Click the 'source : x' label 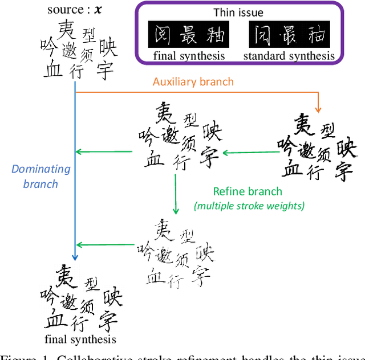(76, 10)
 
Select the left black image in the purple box (188, 35)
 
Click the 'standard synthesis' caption (289, 55)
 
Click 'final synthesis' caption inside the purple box (189, 55)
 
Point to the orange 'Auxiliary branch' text (193, 81)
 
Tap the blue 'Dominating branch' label (41, 176)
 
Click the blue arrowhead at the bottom (75, 257)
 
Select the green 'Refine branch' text (247, 191)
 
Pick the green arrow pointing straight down (176, 194)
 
